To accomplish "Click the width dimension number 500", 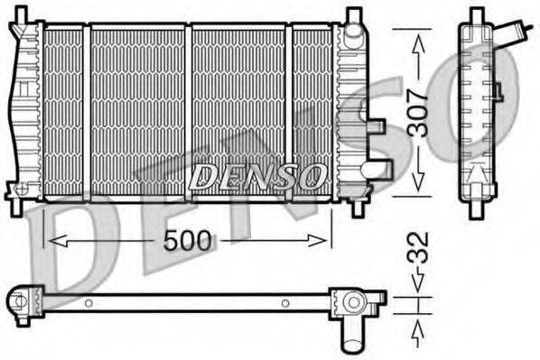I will point(189,240).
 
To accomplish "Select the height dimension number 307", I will point(416,113).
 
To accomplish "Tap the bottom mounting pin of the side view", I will point(477,205).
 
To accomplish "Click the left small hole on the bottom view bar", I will point(88,303).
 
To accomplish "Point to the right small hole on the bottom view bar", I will point(285,303).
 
